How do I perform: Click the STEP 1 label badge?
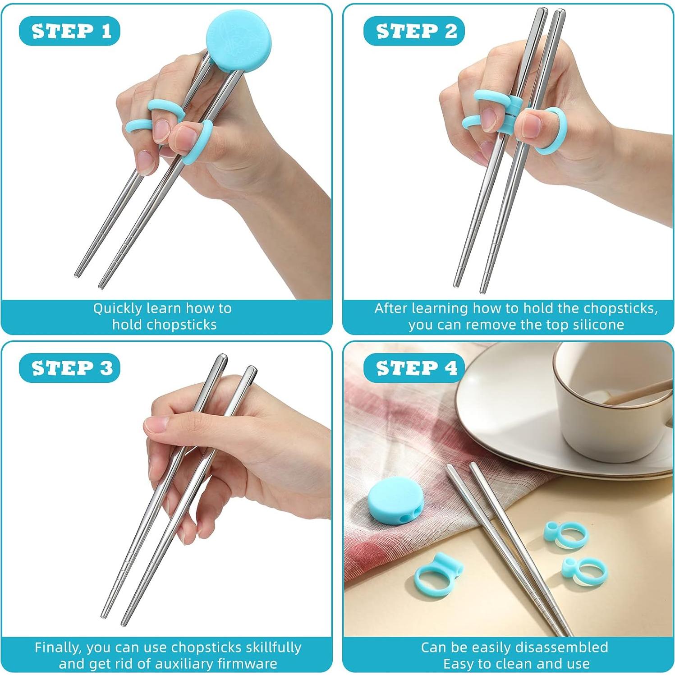69,31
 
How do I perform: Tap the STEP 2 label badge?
414,31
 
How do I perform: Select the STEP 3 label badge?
69,368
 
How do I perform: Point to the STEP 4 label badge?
414,368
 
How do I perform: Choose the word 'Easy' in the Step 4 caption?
459,663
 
